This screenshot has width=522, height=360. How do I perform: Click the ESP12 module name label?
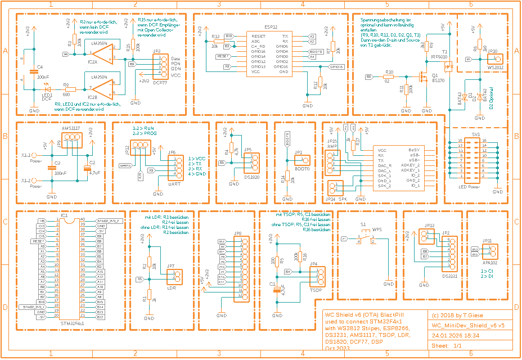270,26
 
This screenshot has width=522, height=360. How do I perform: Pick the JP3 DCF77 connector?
156,67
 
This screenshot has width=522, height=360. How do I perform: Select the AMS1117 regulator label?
70,128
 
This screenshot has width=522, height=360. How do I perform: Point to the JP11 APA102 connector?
487,251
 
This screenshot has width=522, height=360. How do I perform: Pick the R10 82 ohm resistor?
388,76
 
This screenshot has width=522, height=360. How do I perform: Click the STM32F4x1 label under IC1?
72,325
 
